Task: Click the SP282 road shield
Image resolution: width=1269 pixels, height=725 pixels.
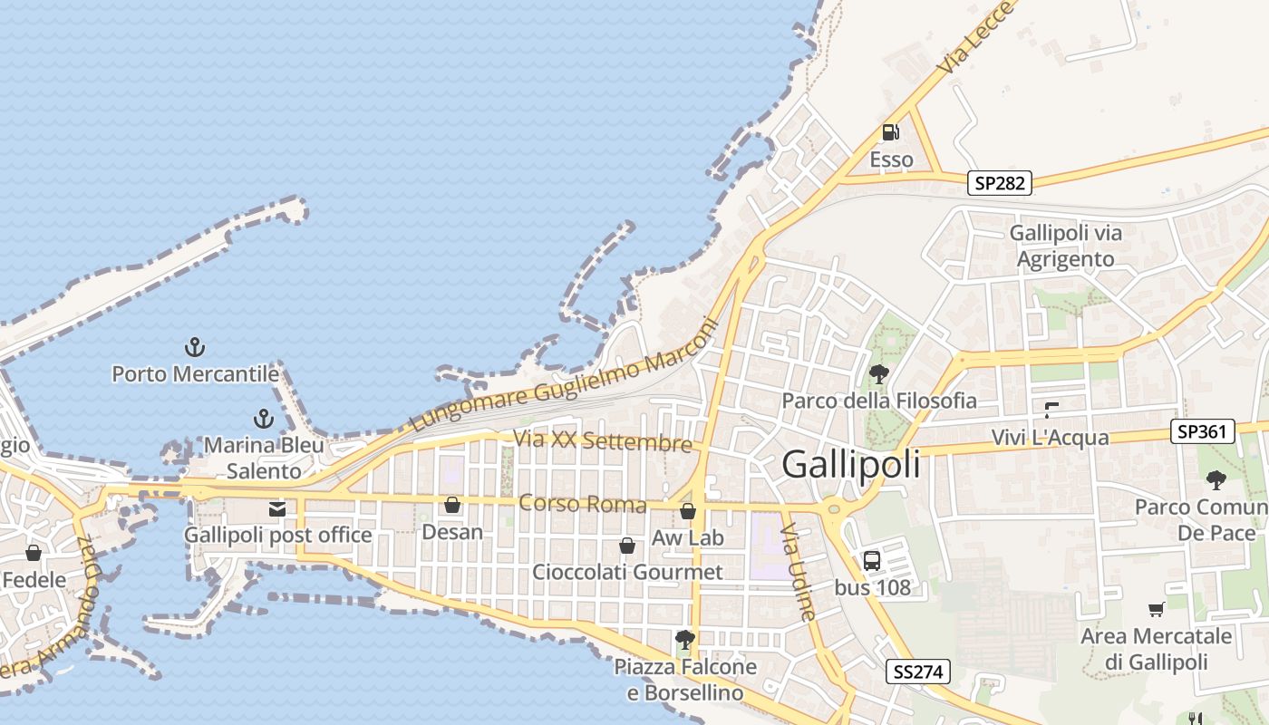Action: tap(1000, 183)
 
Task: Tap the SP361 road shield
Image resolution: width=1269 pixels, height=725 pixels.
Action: tap(1204, 432)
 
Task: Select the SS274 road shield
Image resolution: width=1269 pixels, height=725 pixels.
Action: tap(918, 672)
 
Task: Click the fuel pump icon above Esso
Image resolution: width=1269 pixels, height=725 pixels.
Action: tap(891, 132)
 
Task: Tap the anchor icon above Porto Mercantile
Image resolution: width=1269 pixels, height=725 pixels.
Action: tap(195, 346)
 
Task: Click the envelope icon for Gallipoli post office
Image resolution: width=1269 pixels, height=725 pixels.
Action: tap(277, 509)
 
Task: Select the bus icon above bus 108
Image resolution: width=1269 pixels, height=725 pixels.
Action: tap(871, 560)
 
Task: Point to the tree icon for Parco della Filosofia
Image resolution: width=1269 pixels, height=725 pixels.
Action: tap(878, 373)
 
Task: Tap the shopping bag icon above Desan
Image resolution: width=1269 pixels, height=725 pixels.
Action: tap(452, 505)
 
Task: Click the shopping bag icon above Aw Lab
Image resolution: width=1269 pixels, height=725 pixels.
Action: tap(688, 511)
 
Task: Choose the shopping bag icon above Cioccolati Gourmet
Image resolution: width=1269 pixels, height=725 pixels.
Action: tap(626, 546)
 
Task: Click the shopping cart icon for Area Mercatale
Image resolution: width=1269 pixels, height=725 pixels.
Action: tap(1156, 609)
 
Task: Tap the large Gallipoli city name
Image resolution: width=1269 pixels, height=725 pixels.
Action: tap(850, 464)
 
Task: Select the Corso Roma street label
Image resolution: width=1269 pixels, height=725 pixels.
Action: tap(582, 503)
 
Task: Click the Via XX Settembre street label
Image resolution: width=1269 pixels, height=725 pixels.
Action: tap(603, 440)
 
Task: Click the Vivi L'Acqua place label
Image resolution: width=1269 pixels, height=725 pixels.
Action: tap(1050, 438)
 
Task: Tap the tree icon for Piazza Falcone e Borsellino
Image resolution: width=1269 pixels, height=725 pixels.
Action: tap(685, 640)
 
